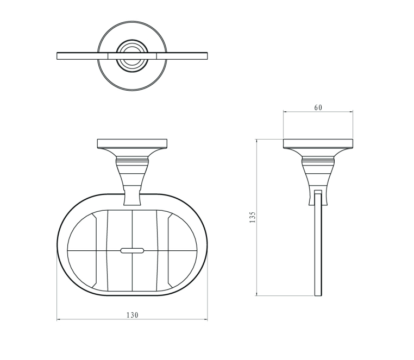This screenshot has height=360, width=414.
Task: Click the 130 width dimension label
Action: [x=132, y=315]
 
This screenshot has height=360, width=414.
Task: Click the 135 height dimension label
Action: [x=253, y=217]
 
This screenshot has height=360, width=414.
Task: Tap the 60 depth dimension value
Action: [x=318, y=108]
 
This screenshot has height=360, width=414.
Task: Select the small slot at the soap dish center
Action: [x=132, y=250]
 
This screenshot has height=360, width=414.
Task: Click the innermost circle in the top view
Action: [x=132, y=56]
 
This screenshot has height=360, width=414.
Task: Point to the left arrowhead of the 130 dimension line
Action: [x=59, y=320]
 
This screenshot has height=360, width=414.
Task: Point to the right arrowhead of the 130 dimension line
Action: [x=206, y=320]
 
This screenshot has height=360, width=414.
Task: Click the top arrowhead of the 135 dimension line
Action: [x=256, y=141]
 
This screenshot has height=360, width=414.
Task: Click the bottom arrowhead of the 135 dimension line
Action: [x=256, y=294]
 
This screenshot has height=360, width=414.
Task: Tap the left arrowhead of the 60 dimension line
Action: [x=285, y=112]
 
